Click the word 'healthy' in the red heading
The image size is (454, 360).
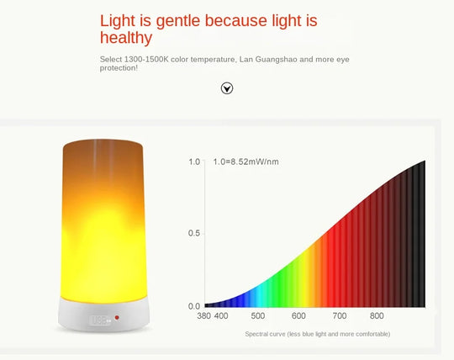click(126, 38)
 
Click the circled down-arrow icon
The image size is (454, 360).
click(226, 88)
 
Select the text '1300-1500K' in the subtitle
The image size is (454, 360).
click(145, 58)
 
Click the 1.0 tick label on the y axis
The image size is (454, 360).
click(193, 161)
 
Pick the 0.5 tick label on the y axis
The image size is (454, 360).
click(193, 233)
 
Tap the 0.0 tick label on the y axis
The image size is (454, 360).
click(193, 306)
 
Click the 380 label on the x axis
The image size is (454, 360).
click(203, 316)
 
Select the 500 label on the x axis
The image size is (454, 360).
click(257, 316)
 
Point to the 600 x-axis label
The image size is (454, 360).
click(298, 316)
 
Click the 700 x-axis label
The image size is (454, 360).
click(340, 316)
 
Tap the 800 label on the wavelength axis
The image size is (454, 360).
click(377, 316)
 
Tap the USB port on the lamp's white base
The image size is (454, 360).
click(98, 320)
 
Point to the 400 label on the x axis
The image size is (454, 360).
click(221, 316)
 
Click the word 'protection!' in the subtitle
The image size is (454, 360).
click(119, 68)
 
